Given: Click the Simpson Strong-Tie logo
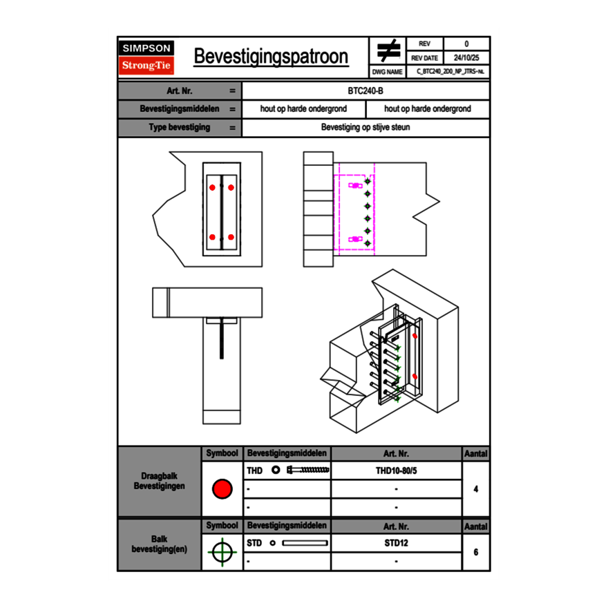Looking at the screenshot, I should point(146,57).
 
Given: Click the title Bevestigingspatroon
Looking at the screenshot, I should point(271,57).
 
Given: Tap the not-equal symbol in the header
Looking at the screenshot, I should point(388,51).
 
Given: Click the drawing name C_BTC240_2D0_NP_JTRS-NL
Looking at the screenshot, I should point(450,71).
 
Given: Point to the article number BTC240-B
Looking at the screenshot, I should point(365,91).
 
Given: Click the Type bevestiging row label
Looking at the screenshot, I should point(180,128).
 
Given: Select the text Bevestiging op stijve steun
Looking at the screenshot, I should point(365,128).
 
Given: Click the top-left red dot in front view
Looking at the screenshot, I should point(212,187).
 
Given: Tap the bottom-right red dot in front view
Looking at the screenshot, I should point(231,238).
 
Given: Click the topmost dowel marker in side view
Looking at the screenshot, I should point(368,182).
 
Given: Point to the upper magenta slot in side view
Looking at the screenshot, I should point(355,185).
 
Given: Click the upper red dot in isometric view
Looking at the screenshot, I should point(415,336).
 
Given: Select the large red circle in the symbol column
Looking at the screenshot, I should point(222,489).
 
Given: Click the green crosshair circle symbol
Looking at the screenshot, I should point(222,552).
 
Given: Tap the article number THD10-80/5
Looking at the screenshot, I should point(396,471).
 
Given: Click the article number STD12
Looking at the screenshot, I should point(396,543).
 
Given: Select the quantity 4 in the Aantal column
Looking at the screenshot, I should point(476,489).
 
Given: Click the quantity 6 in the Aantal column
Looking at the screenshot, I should point(476,552).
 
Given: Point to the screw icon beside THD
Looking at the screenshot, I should point(308,471).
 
